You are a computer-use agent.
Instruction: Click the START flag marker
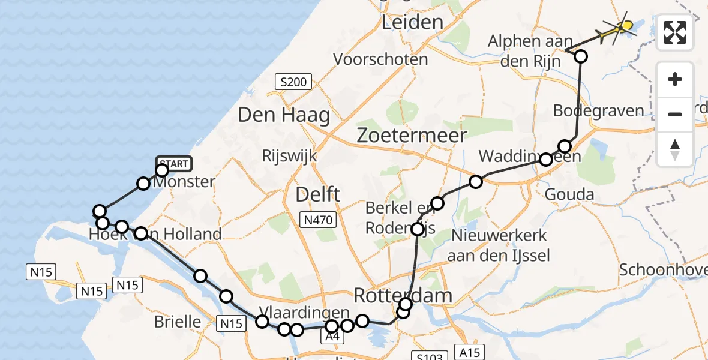point(173,163)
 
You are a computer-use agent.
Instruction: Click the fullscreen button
point(675,32)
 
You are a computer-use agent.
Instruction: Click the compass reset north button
point(675,149)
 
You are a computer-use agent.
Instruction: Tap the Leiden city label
point(413,23)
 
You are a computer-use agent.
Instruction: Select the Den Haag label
point(284,115)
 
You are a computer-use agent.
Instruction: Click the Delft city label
point(317,194)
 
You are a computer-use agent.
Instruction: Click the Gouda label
point(569,194)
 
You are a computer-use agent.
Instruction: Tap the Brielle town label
point(178,322)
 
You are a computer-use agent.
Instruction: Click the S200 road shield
point(293,82)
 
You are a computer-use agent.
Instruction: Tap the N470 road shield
point(318,220)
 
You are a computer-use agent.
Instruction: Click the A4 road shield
point(331,338)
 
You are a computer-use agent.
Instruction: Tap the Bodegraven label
point(598,111)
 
